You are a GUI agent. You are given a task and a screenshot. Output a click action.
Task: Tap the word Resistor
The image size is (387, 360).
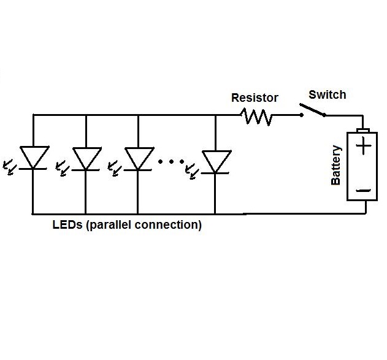click(x=255, y=98)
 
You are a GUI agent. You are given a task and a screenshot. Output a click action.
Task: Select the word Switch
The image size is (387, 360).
click(x=327, y=94)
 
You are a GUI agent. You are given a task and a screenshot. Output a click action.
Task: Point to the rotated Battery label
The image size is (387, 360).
click(x=336, y=166)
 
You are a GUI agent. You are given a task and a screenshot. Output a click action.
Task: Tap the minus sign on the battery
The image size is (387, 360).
click(x=364, y=191)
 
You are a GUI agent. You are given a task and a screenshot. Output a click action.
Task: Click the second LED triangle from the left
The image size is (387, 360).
click(x=85, y=158)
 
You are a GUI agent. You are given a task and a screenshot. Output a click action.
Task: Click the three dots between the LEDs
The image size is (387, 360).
click(x=171, y=162)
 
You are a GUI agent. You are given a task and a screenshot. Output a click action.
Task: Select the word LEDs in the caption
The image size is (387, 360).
click(x=67, y=225)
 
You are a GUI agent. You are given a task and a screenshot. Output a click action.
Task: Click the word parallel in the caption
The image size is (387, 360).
click(x=112, y=225)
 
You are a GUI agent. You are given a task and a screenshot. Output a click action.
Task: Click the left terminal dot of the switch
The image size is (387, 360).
click(x=301, y=115)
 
